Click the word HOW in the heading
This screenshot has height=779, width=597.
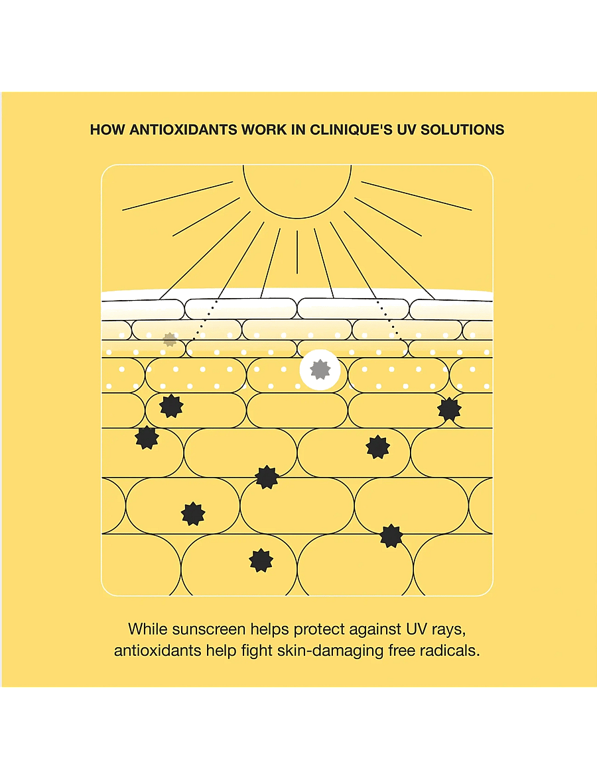coord(107,130)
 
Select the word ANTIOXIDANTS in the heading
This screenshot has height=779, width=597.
coord(183,130)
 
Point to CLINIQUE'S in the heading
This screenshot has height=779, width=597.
coord(352,130)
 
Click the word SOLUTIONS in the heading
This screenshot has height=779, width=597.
coord(462,130)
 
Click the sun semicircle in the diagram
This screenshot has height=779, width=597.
coord(297,217)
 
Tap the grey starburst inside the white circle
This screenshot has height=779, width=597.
coord(320,370)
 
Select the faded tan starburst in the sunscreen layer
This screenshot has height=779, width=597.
coord(170,340)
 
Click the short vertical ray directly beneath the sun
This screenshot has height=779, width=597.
coord(297,252)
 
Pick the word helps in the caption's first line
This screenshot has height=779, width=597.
coord(269,630)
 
